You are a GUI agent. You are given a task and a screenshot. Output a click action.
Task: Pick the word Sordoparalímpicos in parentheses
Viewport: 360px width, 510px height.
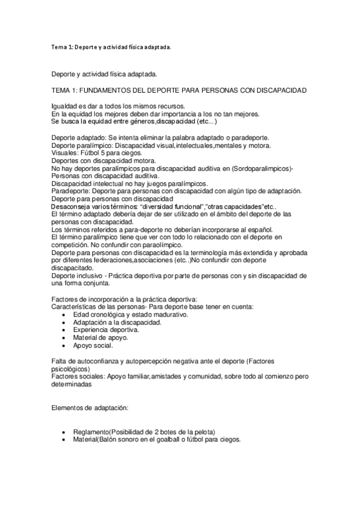pyautogui.click(x=255, y=169)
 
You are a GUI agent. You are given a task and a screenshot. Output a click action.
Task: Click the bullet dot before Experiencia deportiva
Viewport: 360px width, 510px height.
pyautogui.click(x=65, y=330)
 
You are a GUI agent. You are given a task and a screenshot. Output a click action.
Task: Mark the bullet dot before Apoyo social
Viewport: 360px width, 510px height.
pyautogui.click(x=65, y=346)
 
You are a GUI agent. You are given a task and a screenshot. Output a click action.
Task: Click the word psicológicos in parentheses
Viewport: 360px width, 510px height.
pyautogui.click(x=70, y=369)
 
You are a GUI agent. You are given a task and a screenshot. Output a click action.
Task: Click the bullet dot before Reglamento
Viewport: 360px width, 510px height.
pyautogui.click(x=65, y=432)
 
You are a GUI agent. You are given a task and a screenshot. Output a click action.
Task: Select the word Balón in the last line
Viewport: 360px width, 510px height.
pyautogui.click(x=114, y=440)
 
